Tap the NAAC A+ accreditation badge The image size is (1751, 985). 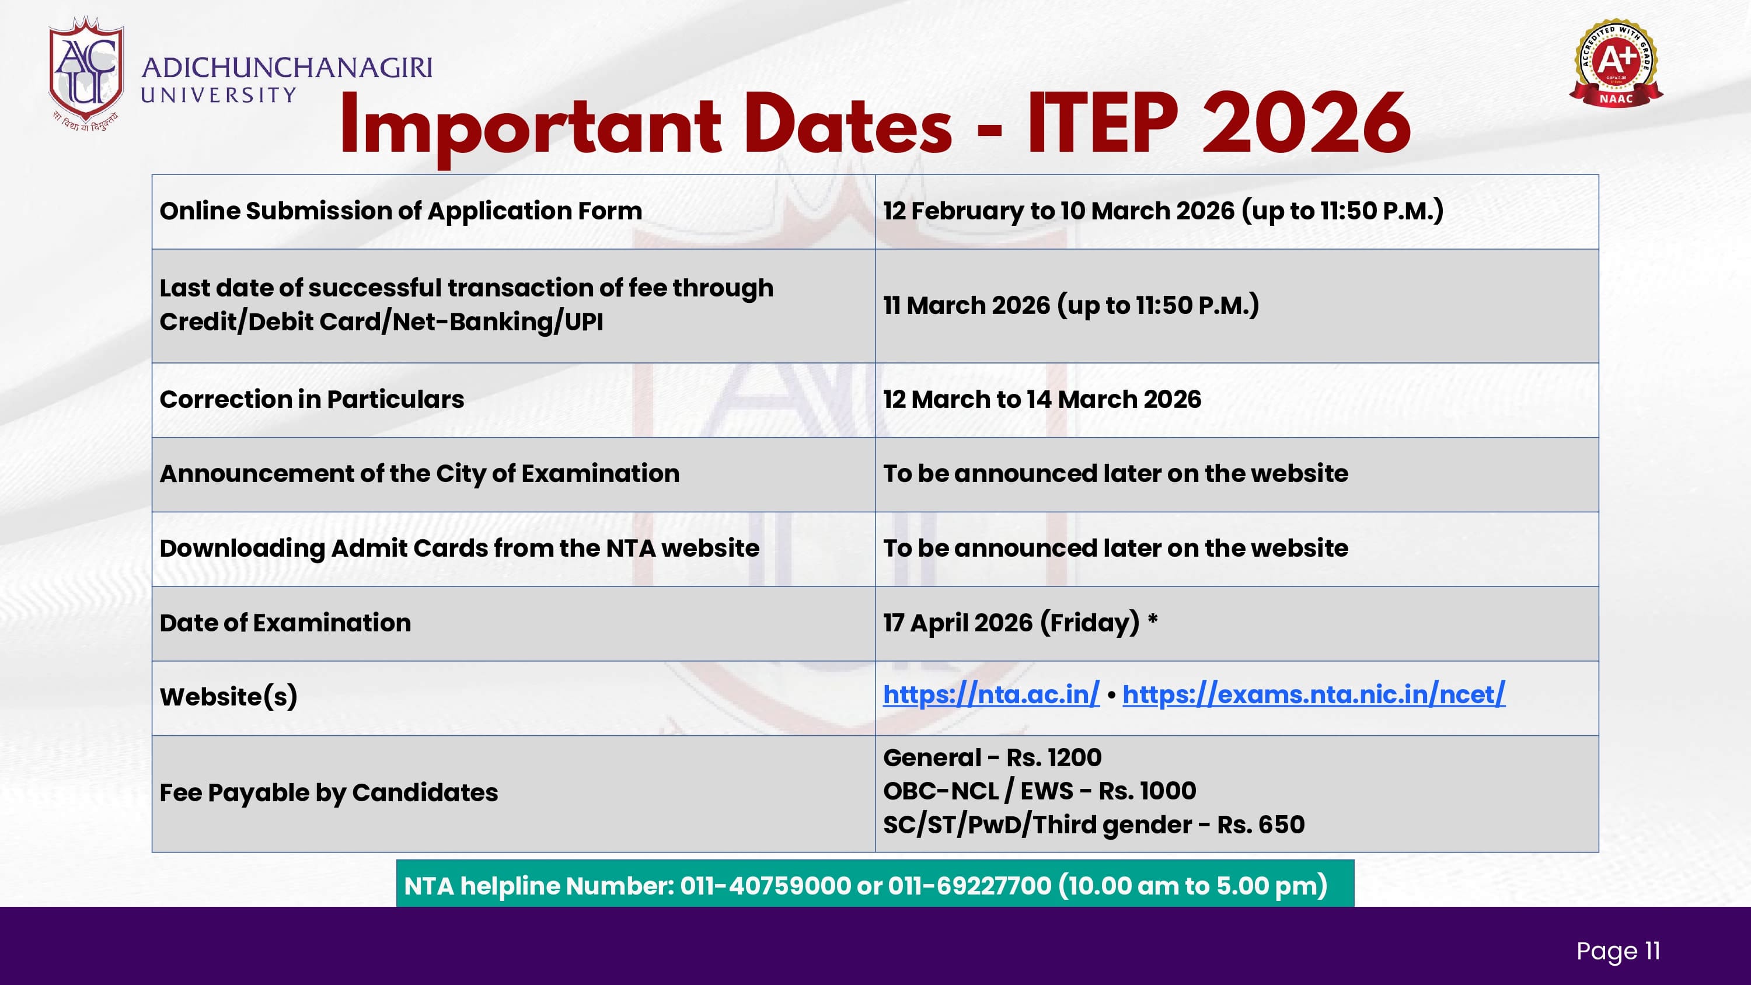click(x=1616, y=63)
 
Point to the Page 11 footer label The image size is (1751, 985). click(x=1619, y=951)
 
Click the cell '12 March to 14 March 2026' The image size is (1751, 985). click(x=1042, y=399)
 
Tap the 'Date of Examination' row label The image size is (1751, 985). click(x=285, y=623)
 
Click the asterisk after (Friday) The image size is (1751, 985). click(x=1153, y=619)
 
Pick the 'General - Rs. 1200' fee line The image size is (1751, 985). click(x=992, y=757)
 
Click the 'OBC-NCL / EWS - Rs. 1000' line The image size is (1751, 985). click(x=1040, y=791)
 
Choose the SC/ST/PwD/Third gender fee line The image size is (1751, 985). click(x=1094, y=825)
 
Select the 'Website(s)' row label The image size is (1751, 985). click(x=229, y=697)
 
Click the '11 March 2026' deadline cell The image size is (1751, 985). click(x=1071, y=305)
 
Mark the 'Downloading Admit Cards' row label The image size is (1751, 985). click(x=459, y=549)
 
